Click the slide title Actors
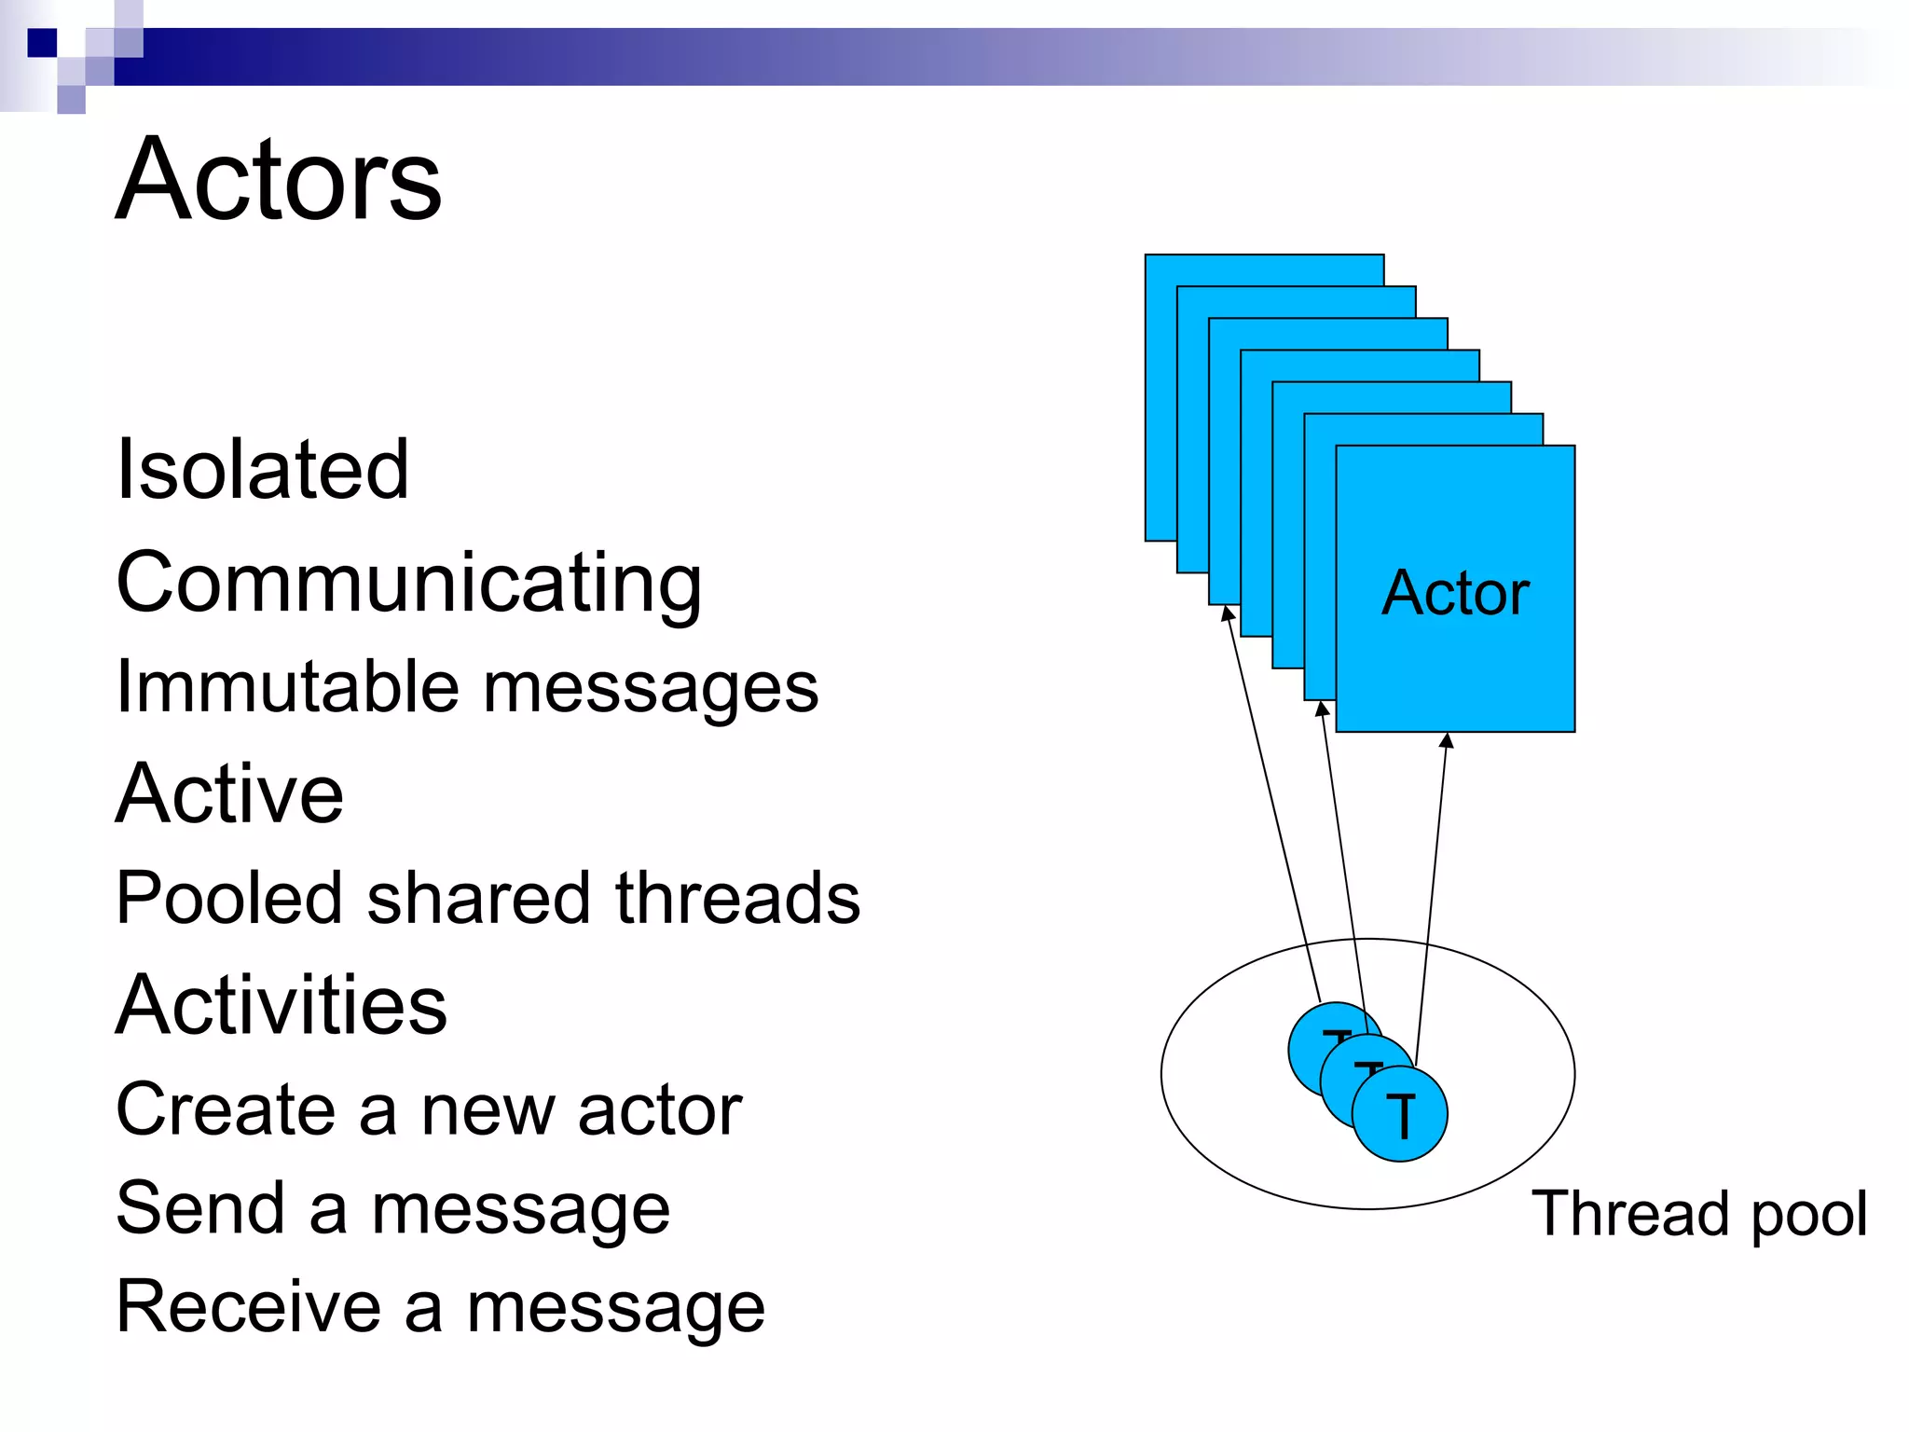click(x=278, y=180)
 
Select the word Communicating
click(x=408, y=584)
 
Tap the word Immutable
click(x=287, y=687)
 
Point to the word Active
click(x=229, y=793)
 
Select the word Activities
click(x=281, y=1005)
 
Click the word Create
click(x=225, y=1109)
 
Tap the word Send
click(x=199, y=1208)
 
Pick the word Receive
click(x=248, y=1307)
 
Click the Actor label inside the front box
click(x=1454, y=593)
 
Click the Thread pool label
click(x=1698, y=1214)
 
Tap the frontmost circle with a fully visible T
click(x=1400, y=1115)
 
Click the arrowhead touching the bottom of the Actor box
click(x=1447, y=740)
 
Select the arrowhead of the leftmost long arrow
click(x=1228, y=613)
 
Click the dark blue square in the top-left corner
click(x=42, y=43)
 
